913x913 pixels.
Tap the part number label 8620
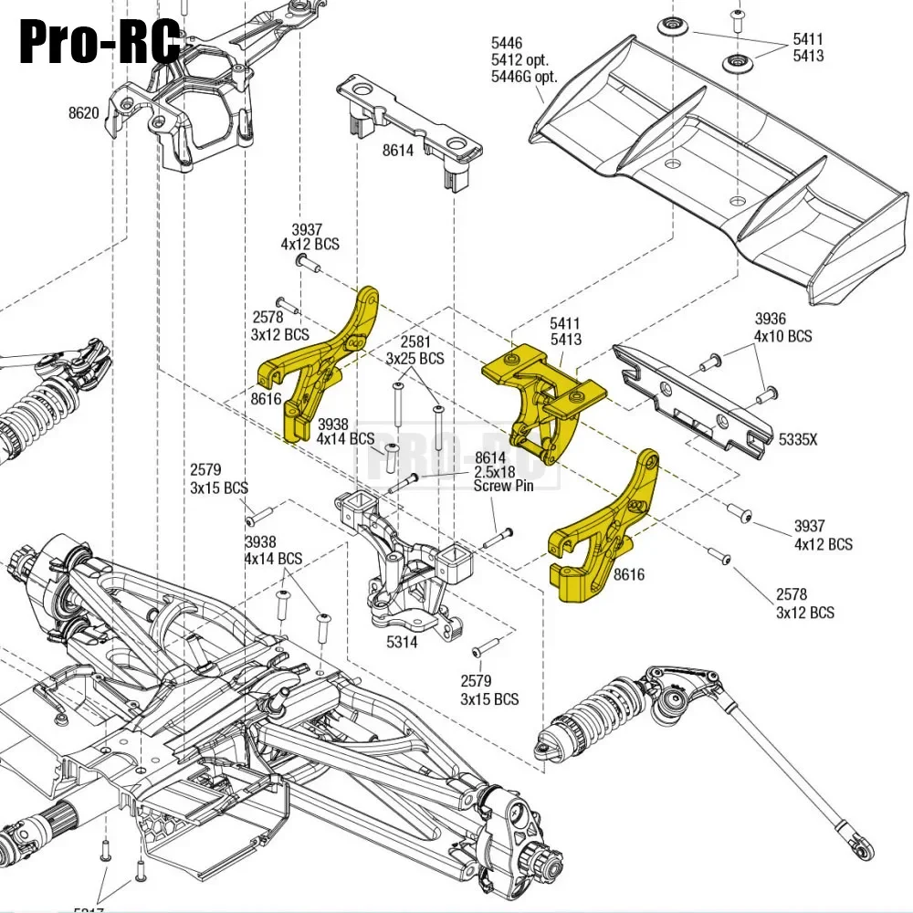tap(84, 114)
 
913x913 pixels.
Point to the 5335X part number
tap(798, 439)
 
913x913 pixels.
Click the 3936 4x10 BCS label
tap(782, 327)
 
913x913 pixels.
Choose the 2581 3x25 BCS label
tap(415, 351)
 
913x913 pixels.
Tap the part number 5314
tap(402, 642)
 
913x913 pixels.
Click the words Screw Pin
tap(503, 486)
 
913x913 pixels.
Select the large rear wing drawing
tap(721, 164)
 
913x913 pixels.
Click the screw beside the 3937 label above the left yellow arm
tap(308, 262)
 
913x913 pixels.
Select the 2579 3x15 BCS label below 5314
tap(488, 689)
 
